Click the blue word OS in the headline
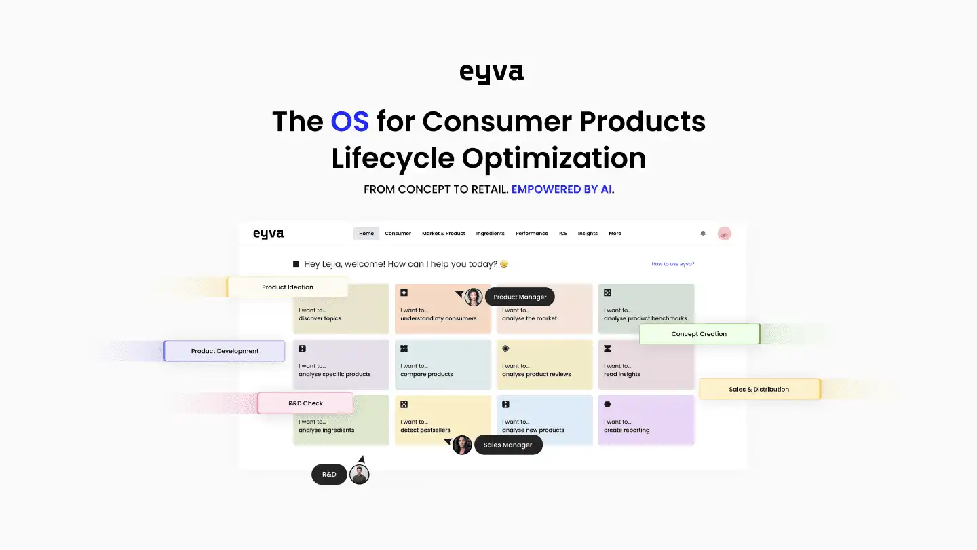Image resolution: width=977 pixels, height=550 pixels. [x=349, y=122]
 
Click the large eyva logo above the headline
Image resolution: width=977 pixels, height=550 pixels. [x=491, y=73]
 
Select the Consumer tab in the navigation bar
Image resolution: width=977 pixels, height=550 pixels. [x=398, y=234]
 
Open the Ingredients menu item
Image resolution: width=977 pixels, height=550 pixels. [x=490, y=234]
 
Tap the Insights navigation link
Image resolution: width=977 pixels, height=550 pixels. [x=588, y=234]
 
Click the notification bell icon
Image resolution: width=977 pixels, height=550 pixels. [x=703, y=234]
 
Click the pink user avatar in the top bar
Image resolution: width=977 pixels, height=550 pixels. [x=725, y=234]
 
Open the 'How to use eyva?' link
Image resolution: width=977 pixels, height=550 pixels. [x=672, y=264]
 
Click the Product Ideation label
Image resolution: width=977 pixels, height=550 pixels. [x=288, y=287]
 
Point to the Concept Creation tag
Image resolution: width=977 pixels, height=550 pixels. [x=699, y=334]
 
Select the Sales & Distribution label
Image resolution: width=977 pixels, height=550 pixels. [x=759, y=390]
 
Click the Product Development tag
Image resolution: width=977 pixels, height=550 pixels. [x=225, y=351]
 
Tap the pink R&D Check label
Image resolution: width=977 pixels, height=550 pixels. [x=305, y=403]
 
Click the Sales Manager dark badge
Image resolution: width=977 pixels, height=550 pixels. [x=507, y=445]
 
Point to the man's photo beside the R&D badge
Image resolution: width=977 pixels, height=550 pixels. [x=360, y=475]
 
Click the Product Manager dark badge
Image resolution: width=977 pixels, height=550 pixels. [x=520, y=297]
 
